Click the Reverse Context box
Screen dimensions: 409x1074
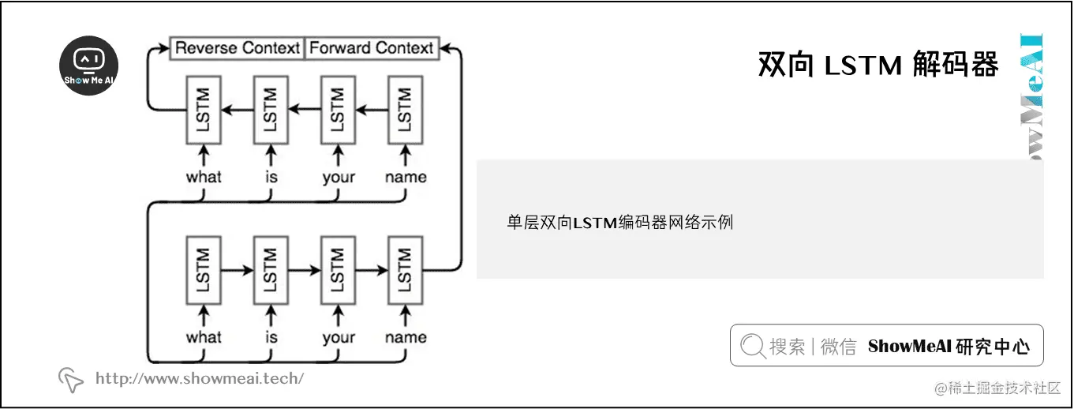237,48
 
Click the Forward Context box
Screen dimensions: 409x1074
371,48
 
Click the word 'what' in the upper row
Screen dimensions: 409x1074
204,177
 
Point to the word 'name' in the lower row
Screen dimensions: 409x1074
406,337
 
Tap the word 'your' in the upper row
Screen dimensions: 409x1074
338,177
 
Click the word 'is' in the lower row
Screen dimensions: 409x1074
271,337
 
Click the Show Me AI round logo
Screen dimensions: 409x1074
89,66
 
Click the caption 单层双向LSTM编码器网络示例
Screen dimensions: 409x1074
619,223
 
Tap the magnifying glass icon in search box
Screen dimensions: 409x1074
752,346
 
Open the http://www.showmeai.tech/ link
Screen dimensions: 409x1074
199,378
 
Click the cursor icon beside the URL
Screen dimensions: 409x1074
71,380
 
